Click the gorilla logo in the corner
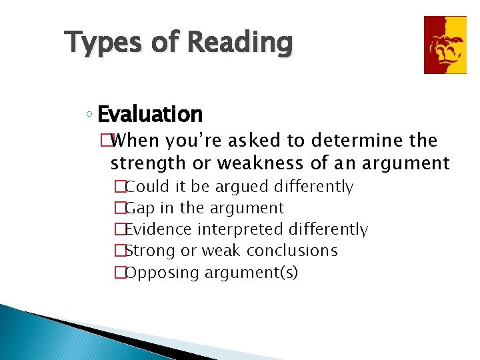click(x=445, y=45)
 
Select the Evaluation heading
click(x=150, y=115)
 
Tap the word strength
click(x=146, y=163)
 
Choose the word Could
click(x=148, y=187)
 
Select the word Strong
click(x=148, y=251)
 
